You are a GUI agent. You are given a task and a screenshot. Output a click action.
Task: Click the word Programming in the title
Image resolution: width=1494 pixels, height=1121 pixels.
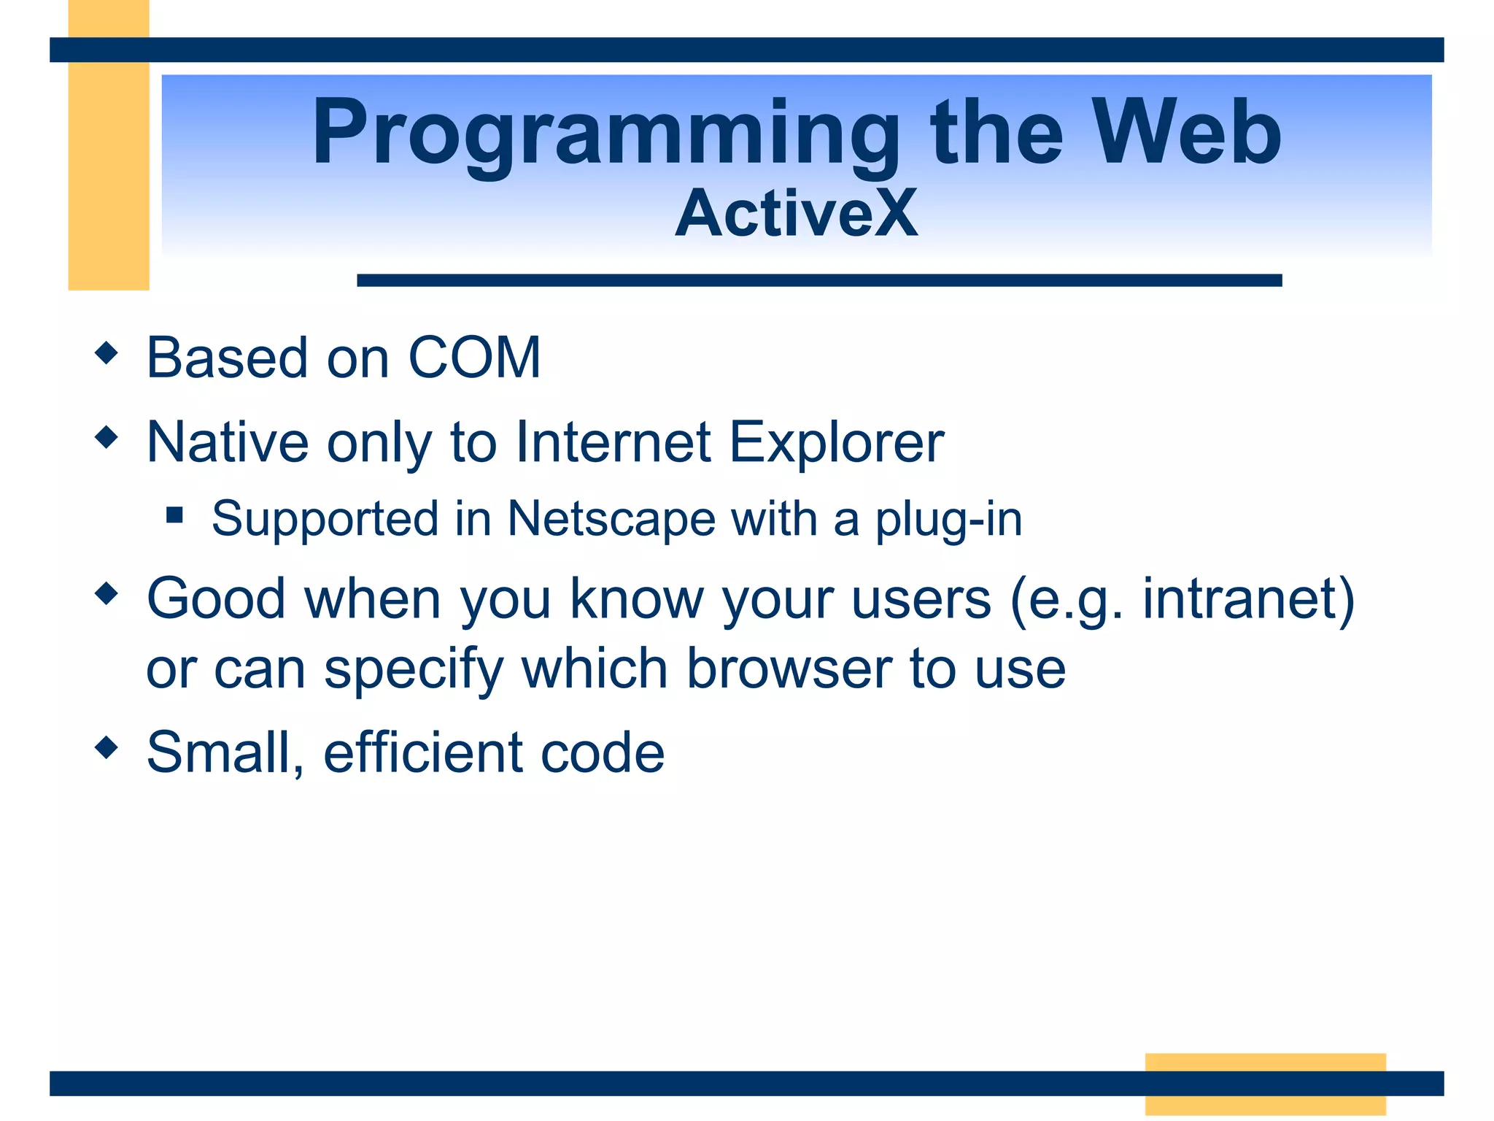[x=605, y=135]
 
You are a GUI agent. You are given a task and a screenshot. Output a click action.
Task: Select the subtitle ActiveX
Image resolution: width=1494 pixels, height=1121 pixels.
[x=796, y=213]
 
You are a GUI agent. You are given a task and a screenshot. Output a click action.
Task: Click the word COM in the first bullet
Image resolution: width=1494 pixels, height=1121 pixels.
[x=474, y=358]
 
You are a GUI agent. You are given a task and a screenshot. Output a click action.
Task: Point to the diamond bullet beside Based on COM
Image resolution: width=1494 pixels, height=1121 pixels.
[x=107, y=353]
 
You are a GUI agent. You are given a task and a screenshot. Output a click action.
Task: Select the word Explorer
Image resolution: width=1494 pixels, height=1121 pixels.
[x=837, y=442]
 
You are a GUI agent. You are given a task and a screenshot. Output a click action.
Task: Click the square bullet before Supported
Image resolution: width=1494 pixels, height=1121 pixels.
[x=174, y=516]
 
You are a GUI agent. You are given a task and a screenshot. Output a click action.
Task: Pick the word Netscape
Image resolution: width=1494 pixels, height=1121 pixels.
[x=611, y=519]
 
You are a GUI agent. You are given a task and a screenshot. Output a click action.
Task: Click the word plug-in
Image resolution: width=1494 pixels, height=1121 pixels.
[x=948, y=519]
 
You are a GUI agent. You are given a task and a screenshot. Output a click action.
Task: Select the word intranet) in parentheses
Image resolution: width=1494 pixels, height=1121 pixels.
[x=1248, y=598]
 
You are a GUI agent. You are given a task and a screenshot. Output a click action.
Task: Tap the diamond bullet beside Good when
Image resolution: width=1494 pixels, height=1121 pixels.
[x=107, y=593]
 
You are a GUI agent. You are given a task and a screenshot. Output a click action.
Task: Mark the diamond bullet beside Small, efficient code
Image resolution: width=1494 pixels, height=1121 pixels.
[x=107, y=747]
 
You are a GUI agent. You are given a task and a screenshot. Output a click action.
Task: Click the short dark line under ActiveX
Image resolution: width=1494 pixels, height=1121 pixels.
[x=818, y=280]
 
